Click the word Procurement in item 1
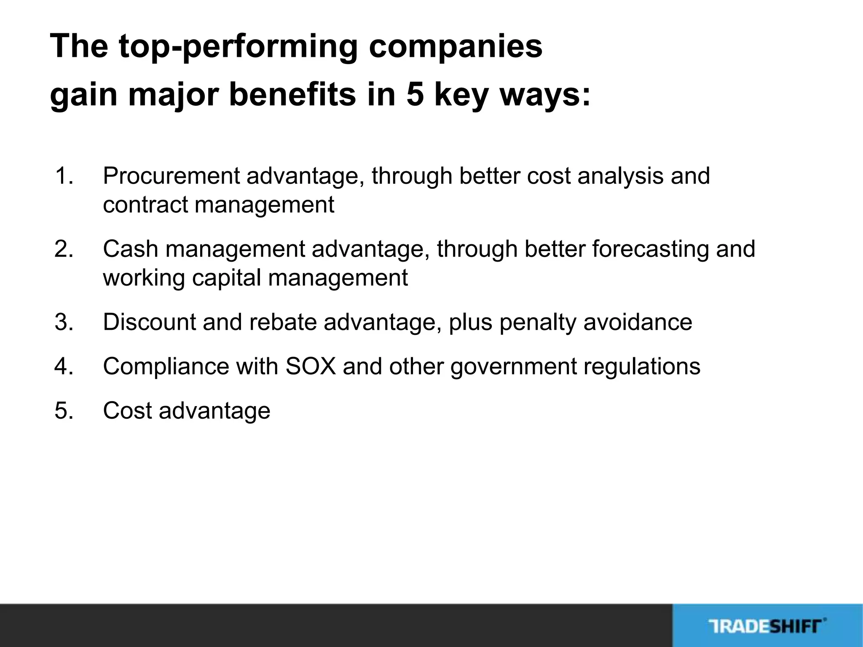click(171, 176)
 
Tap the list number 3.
click(64, 322)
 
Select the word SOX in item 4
click(311, 366)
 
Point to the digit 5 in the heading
click(415, 94)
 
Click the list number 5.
click(64, 411)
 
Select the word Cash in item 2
click(131, 249)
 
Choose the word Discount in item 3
click(149, 322)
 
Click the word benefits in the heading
click(292, 94)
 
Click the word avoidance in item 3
click(638, 322)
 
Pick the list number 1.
click(64, 176)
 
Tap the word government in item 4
click(513, 366)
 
